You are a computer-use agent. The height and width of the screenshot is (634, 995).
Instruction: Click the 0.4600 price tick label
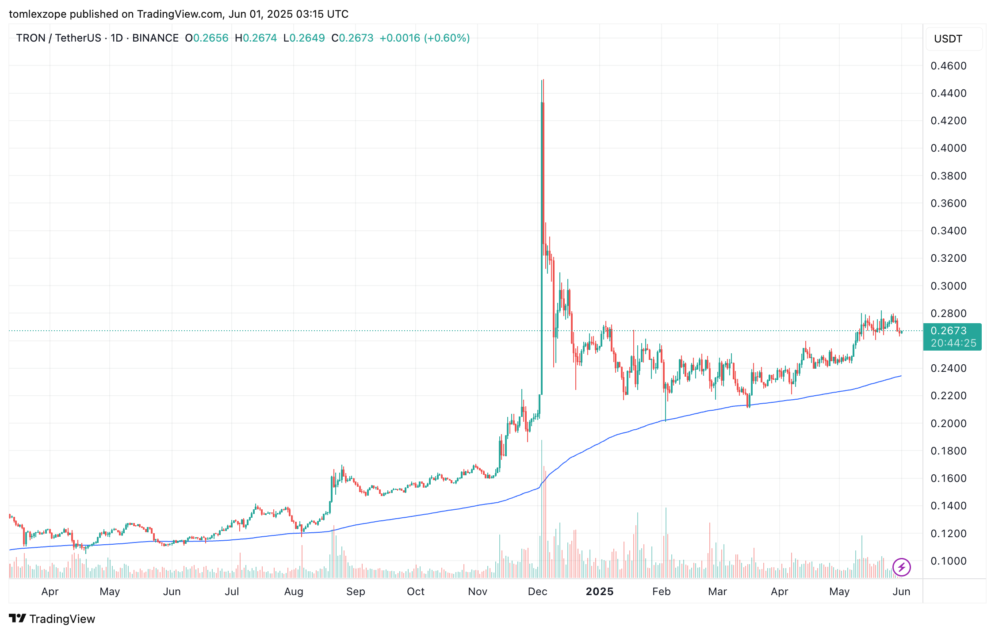point(948,66)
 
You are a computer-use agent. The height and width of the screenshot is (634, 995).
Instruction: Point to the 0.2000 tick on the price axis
point(948,423)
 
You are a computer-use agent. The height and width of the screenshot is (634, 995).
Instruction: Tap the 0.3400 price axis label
point(948,231)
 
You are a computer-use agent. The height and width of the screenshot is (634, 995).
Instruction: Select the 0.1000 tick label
point(948,561)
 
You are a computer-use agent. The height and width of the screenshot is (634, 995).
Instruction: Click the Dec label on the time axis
point(537,592)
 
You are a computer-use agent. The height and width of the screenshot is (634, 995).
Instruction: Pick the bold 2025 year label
point(599,592)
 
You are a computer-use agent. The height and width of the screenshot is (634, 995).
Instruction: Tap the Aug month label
point(294,592)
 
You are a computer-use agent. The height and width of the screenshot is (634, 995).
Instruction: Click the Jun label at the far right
point(901,592)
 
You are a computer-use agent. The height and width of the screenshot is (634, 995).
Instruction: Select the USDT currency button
point(954,39)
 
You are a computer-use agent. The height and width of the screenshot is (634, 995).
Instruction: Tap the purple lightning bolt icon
point(901,567)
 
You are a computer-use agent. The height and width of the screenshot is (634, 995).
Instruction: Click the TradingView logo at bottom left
point(52,619)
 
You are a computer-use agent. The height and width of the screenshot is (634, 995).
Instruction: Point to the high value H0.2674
point(256,38)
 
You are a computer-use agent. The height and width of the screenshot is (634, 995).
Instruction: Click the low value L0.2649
point(304,38)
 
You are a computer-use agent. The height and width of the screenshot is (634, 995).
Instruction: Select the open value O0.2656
point(207,38)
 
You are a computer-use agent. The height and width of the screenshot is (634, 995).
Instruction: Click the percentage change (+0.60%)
point(447,38)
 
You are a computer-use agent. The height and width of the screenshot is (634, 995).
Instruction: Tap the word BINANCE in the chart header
point(155,38)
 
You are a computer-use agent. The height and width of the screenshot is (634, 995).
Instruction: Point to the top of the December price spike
point(543,81)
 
